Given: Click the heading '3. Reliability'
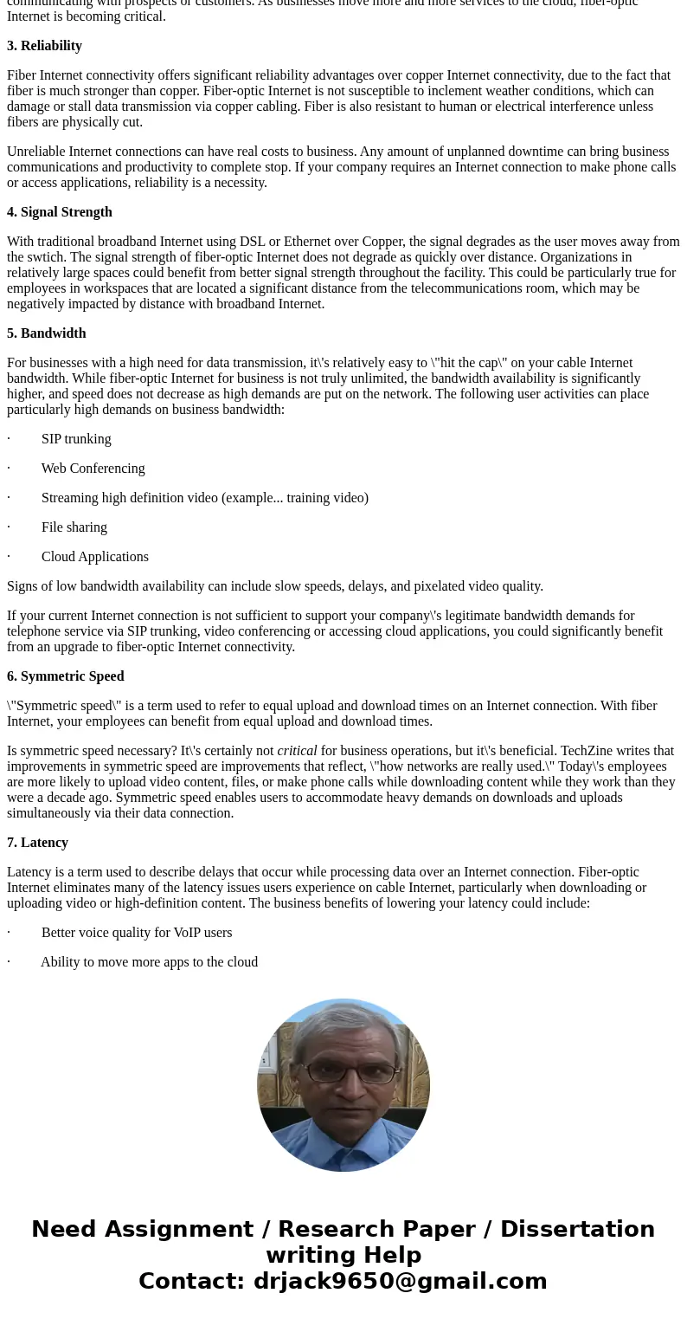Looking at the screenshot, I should click(x=44, y=46).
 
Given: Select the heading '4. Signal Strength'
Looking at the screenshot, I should click(x=60, y=212).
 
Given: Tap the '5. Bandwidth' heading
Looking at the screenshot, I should click(x=47, y=333).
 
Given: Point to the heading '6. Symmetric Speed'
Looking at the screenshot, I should click(x=66, y=676).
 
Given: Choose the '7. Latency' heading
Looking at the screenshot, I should click(x=37, y=843).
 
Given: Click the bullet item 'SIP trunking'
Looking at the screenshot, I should click(x=76, y=439).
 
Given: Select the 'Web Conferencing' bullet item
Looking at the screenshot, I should click(x=93, y=469).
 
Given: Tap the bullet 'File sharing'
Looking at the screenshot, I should click(x=74, y=527).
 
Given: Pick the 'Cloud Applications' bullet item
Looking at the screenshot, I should click(x=95, y=557).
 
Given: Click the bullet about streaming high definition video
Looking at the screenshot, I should click(x=205, y=498).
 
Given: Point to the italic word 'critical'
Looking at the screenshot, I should click(x=297, y=751).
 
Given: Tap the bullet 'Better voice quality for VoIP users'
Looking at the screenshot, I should click(x=137, y=933).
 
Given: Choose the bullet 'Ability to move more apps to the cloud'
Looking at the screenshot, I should click(x=149, y=962).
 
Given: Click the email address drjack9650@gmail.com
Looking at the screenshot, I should click(x=400, y=1281).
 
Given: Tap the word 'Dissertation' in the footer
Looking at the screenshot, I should click(x=577, y=1229).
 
